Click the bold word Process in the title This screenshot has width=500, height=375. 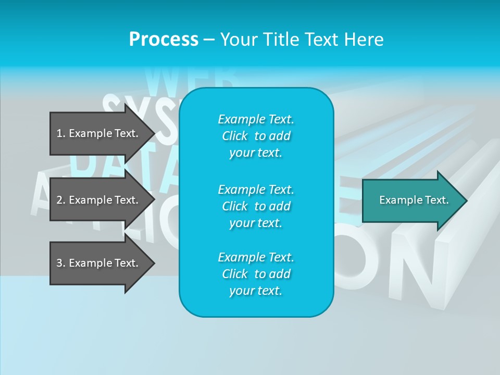click(164, 40)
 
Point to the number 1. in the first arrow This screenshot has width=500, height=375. click(61, 133)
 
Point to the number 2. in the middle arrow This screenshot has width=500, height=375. click(61, 200)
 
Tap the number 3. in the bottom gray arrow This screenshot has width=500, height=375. click(61, 263)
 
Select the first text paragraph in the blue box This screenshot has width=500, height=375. click(256, 136)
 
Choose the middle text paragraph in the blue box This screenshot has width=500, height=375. click(256, 206)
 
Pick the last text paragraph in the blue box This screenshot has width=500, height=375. click(256, 274)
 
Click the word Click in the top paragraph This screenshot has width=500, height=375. click(235, 136)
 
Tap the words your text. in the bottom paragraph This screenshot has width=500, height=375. click(256, 291)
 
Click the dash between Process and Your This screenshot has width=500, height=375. click(209, 40)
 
